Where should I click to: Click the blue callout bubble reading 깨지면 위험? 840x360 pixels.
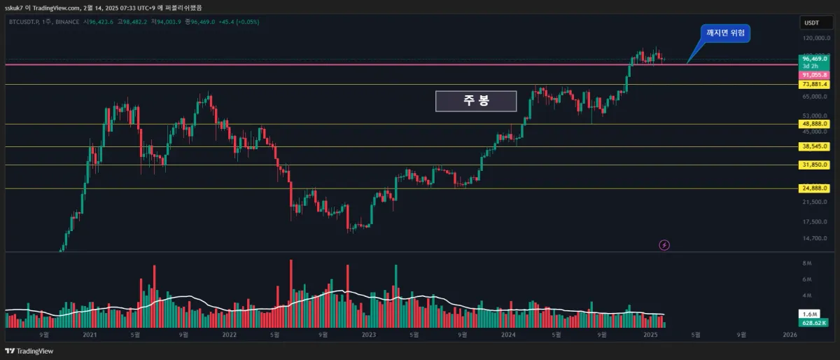tap(725, 33)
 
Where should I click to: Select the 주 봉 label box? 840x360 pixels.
tap(476, 101)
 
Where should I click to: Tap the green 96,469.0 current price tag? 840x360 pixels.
tap(815, 60)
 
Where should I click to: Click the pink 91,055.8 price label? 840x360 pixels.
tap(815, 74)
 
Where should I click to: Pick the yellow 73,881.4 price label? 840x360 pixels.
tap(815, 85)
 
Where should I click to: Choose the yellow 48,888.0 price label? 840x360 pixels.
tap(815, 124)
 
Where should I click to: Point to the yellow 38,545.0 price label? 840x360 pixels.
tap(815, 147)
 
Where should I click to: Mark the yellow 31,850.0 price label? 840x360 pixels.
tap(815, 165)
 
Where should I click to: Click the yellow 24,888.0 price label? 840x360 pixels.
tap(815, 188)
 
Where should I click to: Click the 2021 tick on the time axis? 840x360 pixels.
tap(90, 335)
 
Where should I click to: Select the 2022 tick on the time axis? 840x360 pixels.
tap(230, 335)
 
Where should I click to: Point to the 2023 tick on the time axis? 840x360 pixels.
tap(369, 335)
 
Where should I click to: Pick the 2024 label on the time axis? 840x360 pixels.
tap(509, 335)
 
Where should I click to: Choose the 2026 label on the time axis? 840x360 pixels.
tap(790, 335)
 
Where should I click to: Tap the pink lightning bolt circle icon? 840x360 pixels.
tap(665, 245)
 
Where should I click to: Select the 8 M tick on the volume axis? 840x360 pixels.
tap(806, 263)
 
